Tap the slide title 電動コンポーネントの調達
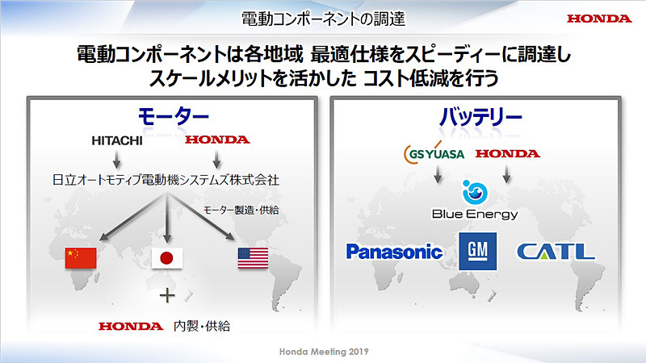tap(323, 17)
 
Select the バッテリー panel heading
tap(480, 116)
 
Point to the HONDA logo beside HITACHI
tap(217, 140)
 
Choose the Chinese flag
tap(80, 258)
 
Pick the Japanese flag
tap(167, 259)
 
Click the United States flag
tap(254, 258)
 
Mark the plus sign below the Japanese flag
tap(167, 295)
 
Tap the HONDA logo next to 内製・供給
tap(130, 327)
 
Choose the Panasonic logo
tap(394, 252)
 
